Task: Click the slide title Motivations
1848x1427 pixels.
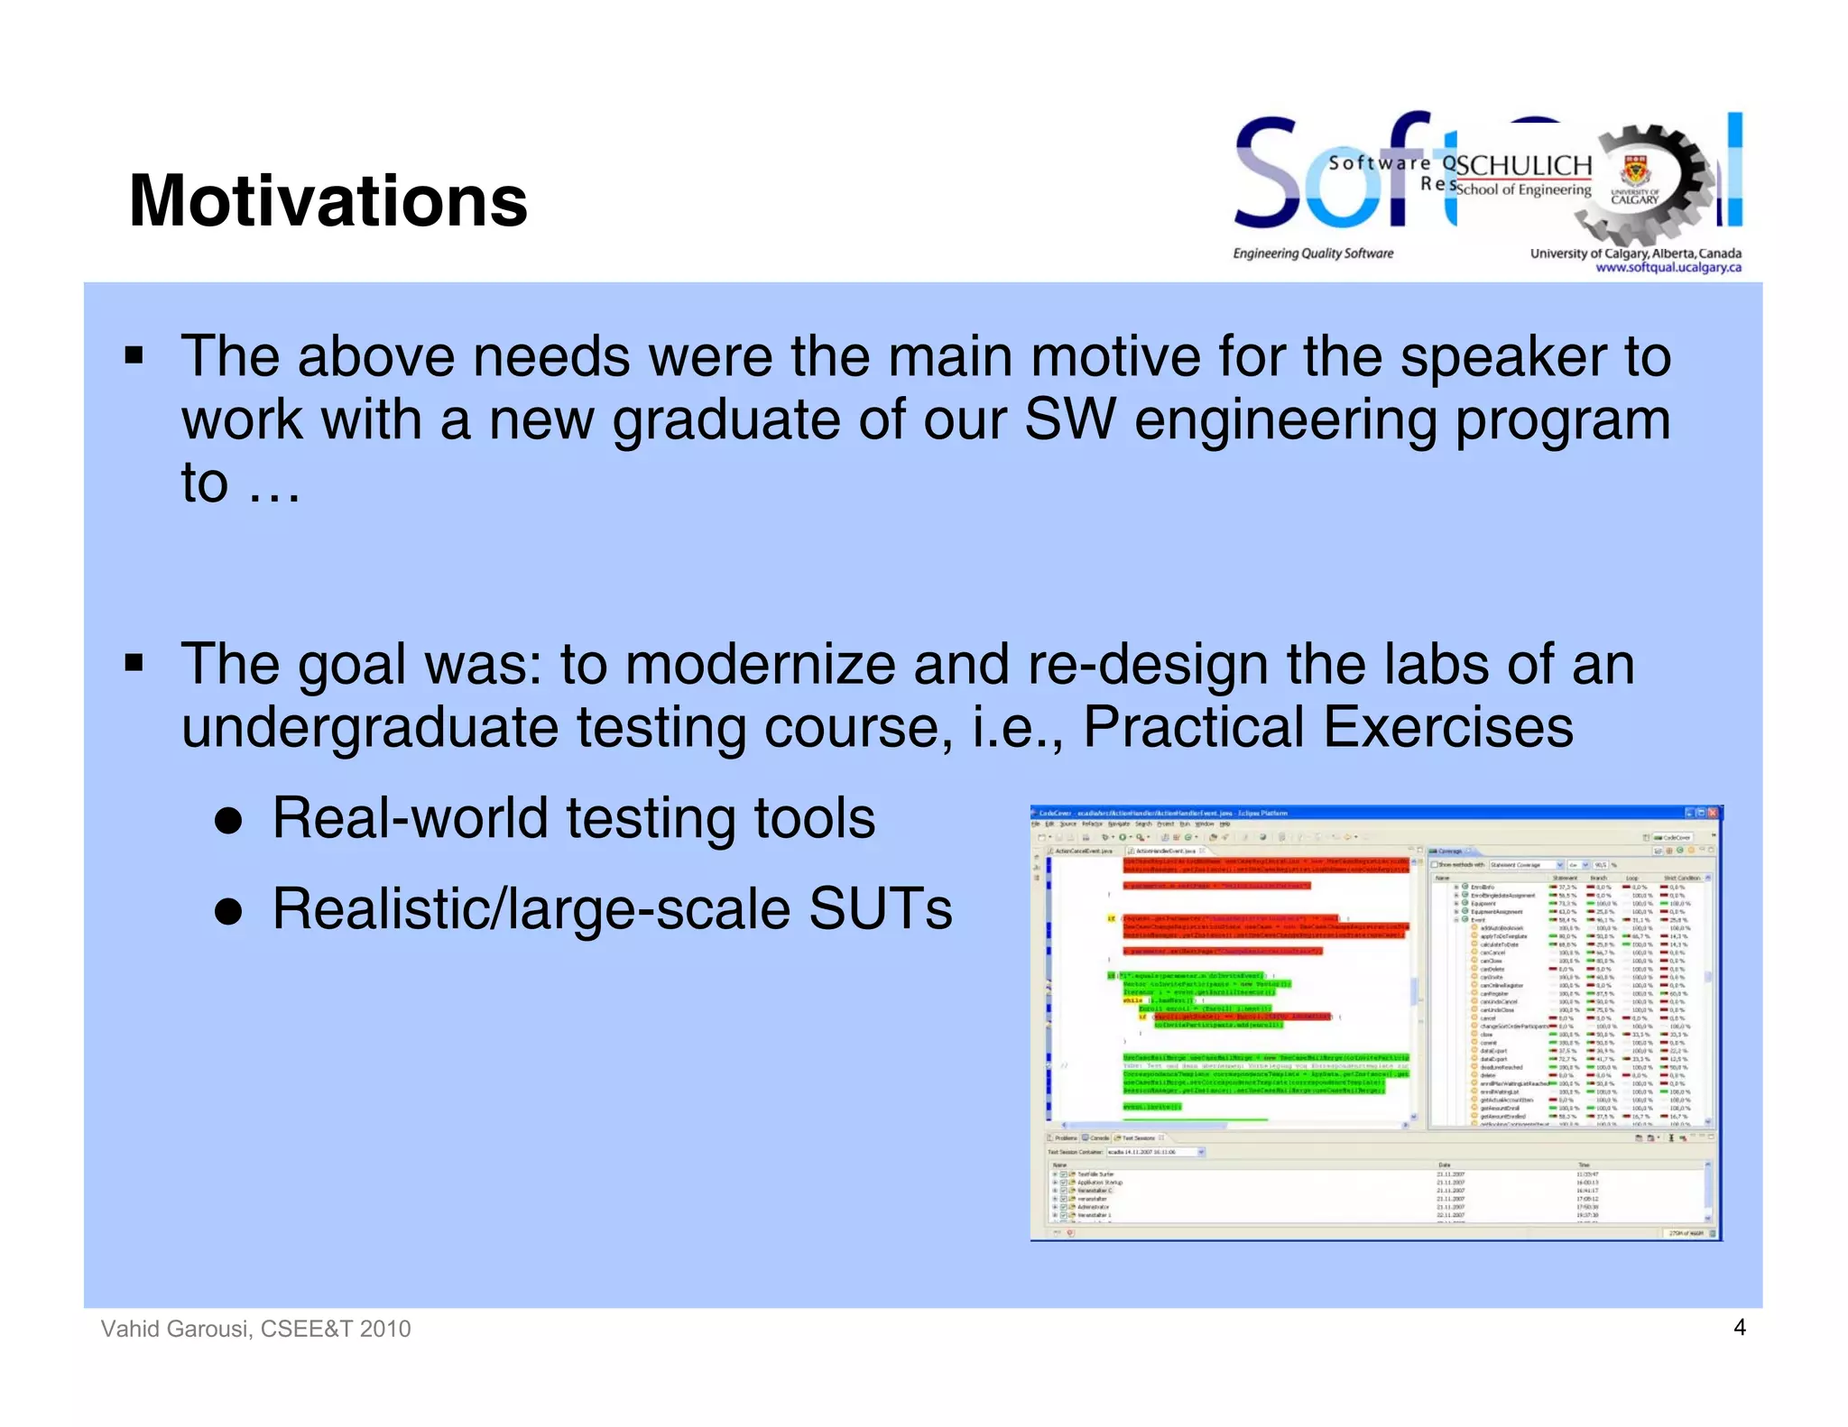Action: click(328, 200)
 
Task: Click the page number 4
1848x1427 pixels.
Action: click(1740, 1327)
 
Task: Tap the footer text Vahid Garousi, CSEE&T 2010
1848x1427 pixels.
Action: click(255, 1329)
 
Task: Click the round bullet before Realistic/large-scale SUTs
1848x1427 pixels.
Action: click(229, 911)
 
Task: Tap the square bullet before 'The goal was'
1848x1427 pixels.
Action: click(134, 666)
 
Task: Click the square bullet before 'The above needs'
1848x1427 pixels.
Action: click(134, 356)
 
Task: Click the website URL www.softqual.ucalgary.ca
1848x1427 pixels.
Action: click(1668, 267)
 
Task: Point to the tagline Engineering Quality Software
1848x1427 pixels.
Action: click(1313, 253)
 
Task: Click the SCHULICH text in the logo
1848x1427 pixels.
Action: click(1523, 166)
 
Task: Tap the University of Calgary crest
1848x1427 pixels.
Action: click(1634, 170)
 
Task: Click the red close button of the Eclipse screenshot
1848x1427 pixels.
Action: click(1712, 813)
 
